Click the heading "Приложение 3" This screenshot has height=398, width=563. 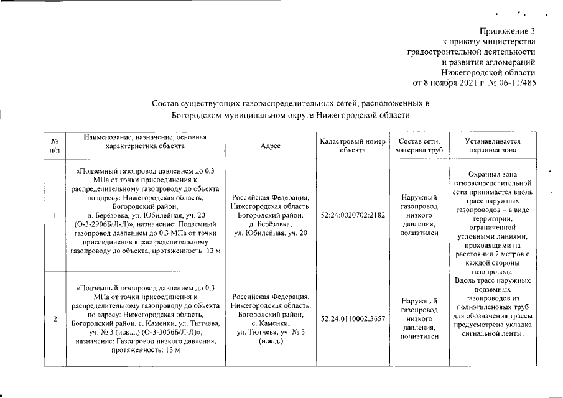click(x=508, y=30)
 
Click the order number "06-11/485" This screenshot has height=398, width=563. click(x=516, y=82)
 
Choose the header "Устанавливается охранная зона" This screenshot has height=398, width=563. click(x=492, y=146)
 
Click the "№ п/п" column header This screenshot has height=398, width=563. click(x=54, y=146)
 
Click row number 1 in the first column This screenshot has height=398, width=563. click(x=55, y=215)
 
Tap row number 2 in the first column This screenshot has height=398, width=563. click(x=55, y=319)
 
